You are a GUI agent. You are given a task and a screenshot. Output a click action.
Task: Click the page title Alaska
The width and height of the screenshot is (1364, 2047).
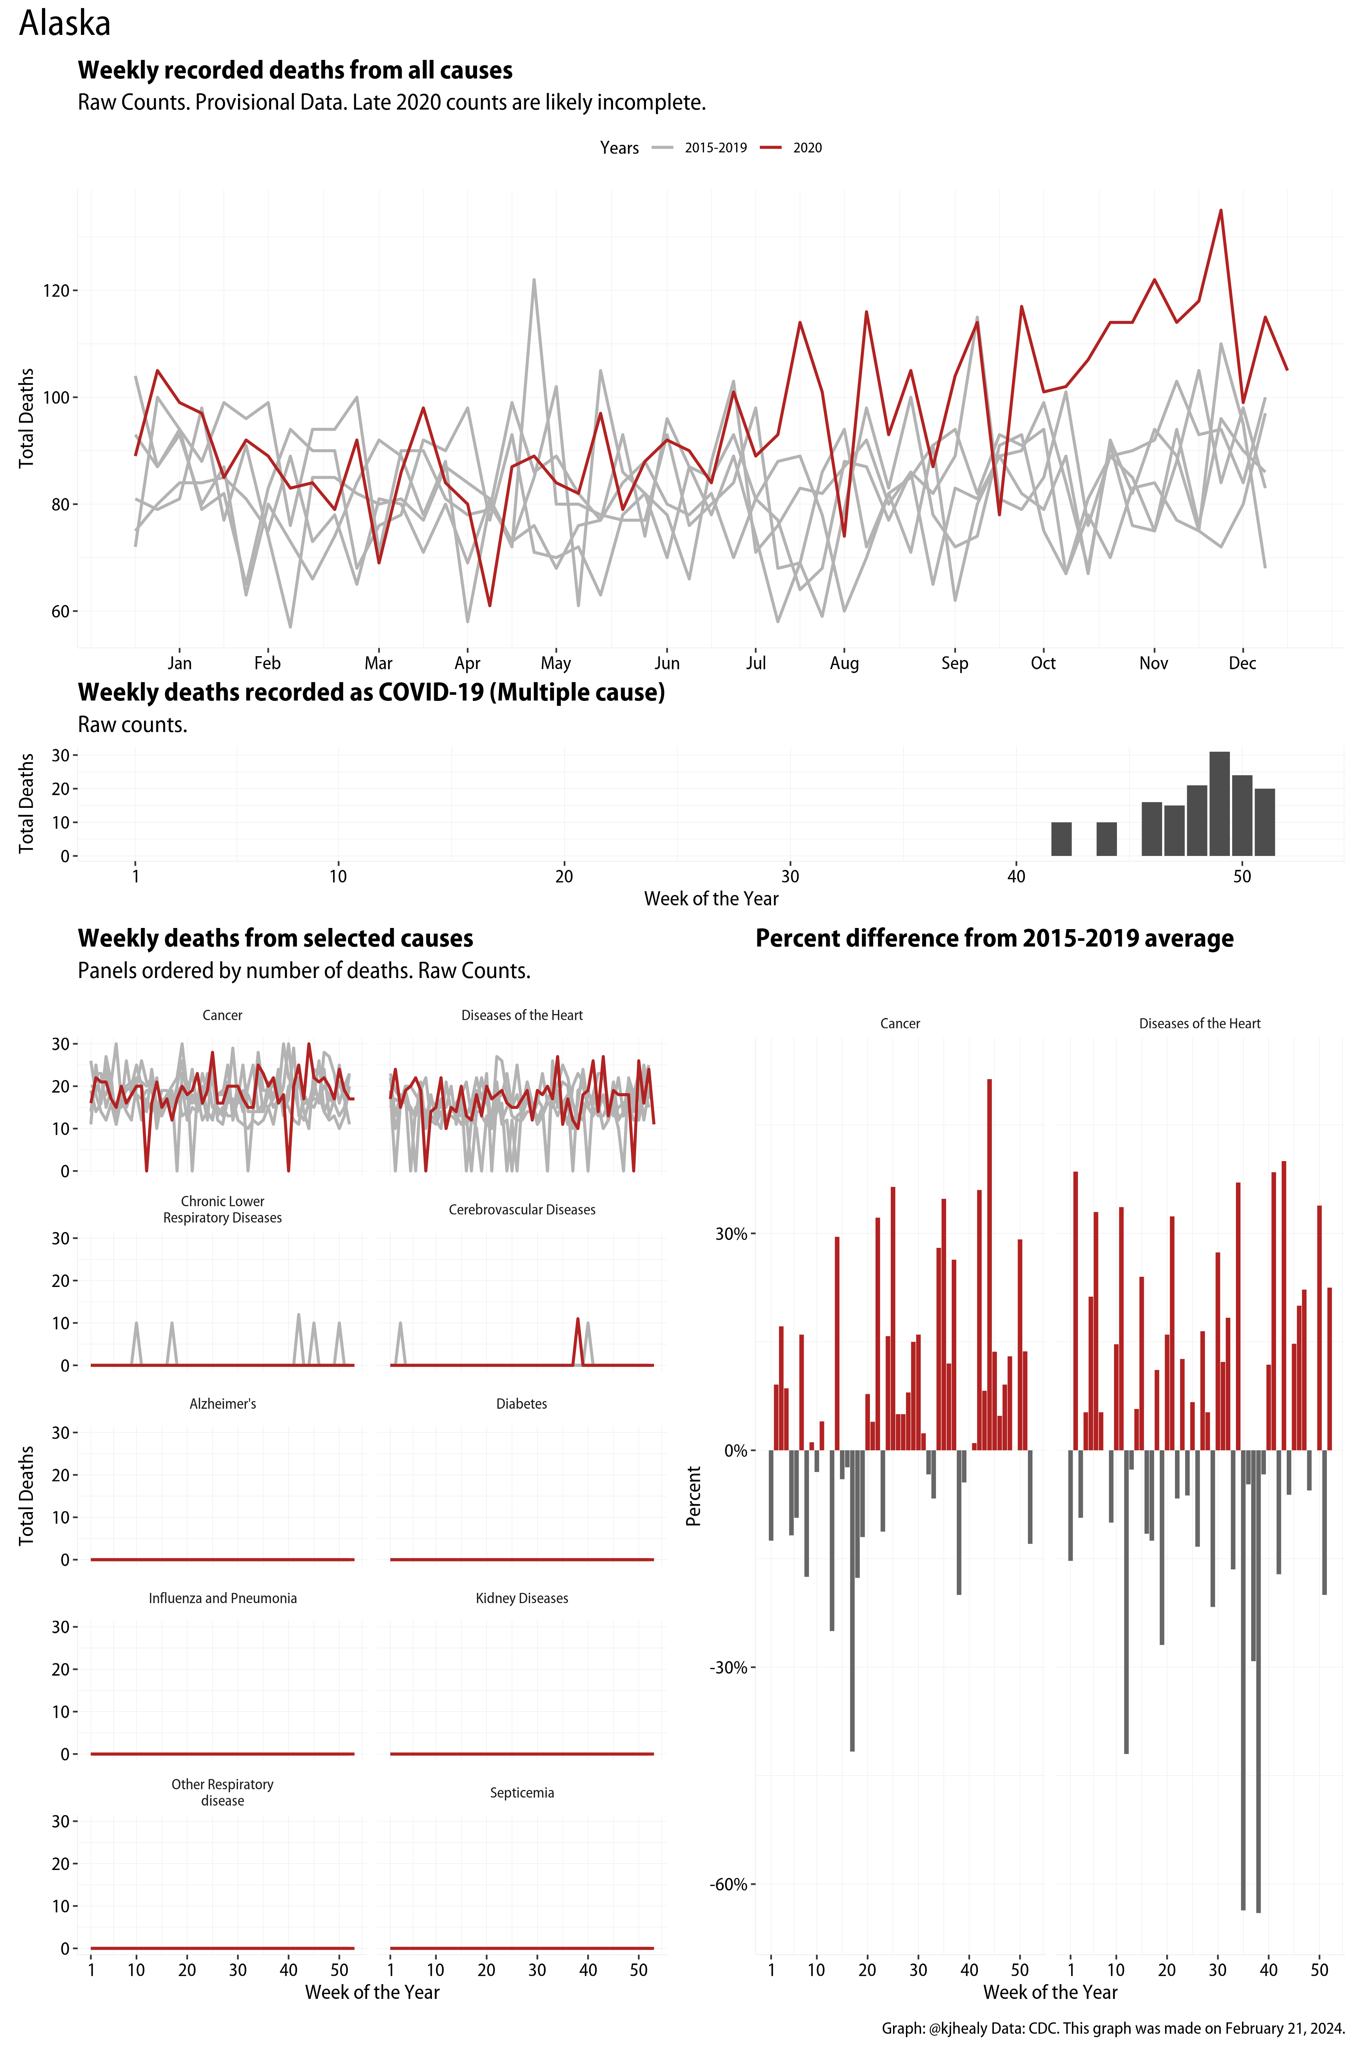coord(65,24)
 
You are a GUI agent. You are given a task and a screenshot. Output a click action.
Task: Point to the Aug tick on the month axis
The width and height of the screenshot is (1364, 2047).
coord(844,663)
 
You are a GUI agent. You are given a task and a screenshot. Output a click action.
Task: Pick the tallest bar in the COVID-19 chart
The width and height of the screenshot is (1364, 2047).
coord(1220,802)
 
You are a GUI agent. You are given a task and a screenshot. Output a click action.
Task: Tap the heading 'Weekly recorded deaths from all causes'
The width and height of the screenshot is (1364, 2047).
coord(295,71)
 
